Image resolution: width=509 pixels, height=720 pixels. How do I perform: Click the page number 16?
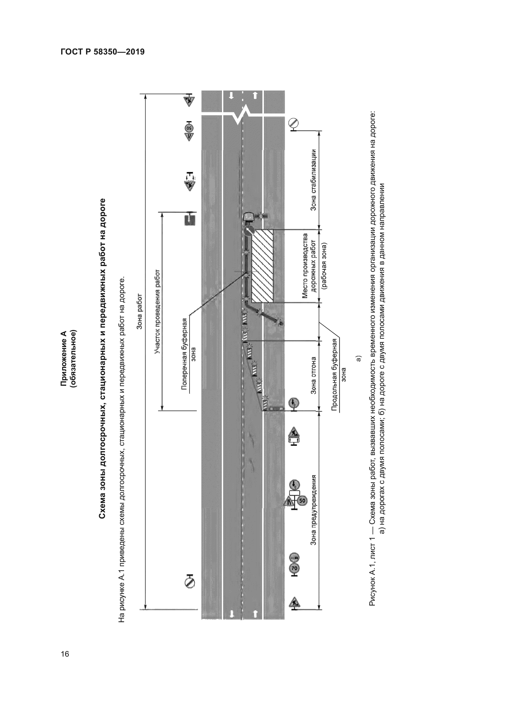pyautogui.click(x=65, y=654)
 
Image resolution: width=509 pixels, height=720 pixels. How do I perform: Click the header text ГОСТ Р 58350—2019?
pyautogui.click(x=102, y=52)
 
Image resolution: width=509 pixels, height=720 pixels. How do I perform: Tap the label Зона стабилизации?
pyautogui.click(x=313, y=180)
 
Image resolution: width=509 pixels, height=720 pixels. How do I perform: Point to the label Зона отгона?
pyautogui.click(x=313, y=375)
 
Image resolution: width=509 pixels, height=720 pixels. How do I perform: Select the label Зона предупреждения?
pyautogui.click(x=313, y=510)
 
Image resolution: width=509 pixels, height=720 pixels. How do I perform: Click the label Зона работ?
pyautogui.click(x=139, y=312)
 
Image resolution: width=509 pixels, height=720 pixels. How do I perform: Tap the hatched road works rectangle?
pyautogui.click(x=262, y=266)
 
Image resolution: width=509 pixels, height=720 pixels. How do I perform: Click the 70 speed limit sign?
pyautogui.click(x=294, y=568)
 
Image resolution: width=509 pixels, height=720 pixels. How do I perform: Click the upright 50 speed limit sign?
pyautogui.click(x=302, y=501)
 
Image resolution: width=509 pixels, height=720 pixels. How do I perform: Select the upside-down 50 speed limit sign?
pyautogui.click(x=189, y=128)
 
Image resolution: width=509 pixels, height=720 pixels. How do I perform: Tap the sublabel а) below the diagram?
pyautogui.click(x=359, y=358)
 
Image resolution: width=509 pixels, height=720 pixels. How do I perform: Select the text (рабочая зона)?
pyautogui.click(x=324, y=266)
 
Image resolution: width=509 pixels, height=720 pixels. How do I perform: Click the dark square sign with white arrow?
pyautogui.click(x=189, y=219)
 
